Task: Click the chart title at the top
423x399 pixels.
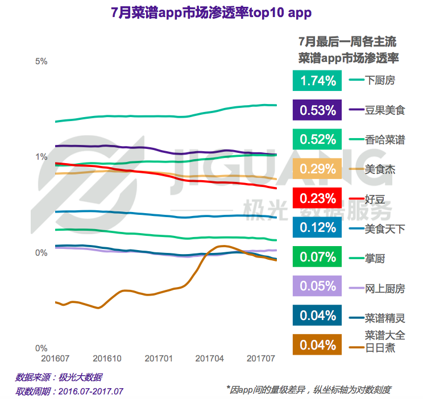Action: [211, 13]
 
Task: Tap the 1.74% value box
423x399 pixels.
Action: [318, 81]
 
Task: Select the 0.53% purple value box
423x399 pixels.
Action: [318, 110]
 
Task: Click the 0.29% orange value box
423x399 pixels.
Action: [318, 169]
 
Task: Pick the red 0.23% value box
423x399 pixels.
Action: [318, 198]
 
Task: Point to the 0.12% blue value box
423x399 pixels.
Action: [318, 228]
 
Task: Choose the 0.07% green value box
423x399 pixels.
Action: [318, 257]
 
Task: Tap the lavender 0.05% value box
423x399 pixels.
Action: [318, 286]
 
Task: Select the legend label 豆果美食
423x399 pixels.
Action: [385, 110]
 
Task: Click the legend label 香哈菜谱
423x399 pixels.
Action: [385, 139]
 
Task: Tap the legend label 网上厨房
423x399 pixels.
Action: [385, 288]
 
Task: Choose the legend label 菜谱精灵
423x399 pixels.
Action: [385, 317]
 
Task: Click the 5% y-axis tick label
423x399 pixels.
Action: [41, 61]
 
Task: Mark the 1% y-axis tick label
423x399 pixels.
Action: [41, 157]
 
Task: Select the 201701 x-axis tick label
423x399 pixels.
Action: [159, 360]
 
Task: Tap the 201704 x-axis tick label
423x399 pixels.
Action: [210, 360]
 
